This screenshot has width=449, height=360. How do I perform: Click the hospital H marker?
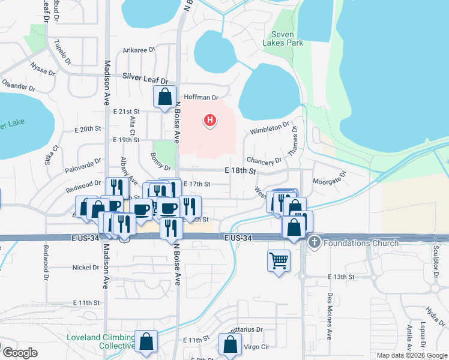point(210,121)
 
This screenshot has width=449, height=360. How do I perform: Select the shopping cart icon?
point(279,260)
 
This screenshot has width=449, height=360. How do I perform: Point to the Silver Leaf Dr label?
point(145,77)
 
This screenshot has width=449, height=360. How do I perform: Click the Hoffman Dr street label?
point(200,97)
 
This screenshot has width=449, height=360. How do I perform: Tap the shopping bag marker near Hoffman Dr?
point(164,97)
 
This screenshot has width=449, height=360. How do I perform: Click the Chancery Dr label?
point(264,161)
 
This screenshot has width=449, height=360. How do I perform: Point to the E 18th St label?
point(240,171)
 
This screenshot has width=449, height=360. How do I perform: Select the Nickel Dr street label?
point(85,267)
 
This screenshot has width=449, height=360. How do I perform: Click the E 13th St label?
point(342,277)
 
